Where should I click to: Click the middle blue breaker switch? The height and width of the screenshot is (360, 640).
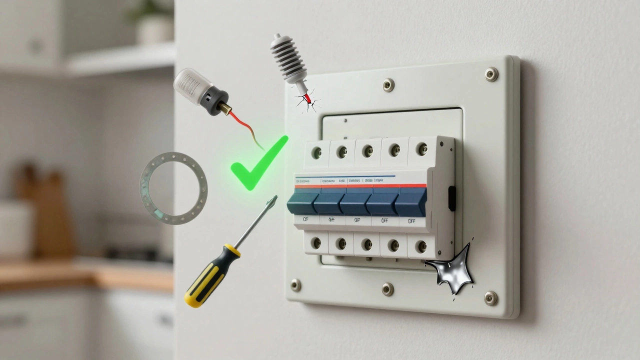tap(356, 202)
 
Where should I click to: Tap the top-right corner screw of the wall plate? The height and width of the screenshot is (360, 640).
tap(491, 74)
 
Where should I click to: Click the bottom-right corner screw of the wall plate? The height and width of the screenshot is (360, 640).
tap(490, 297)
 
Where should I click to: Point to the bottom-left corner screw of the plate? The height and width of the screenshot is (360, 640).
tap(296, 285)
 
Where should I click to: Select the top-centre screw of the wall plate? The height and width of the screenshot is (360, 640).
tap(388, 85)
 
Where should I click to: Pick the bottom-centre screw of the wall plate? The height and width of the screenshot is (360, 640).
tap(387, 288)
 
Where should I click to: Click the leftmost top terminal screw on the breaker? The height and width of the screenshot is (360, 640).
tap(316, 152)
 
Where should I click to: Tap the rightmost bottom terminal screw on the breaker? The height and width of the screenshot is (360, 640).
tap(421, 246)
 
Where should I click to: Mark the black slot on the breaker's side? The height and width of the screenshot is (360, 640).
tap(452, 198)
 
